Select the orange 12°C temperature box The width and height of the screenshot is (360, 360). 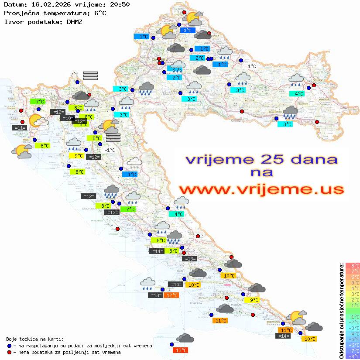click(171, 295)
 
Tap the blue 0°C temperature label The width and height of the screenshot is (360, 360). click(187, 31)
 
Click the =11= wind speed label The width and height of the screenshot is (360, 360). click(20, 128)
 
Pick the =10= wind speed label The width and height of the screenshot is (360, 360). click(67, 118)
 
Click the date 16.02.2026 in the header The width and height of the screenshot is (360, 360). click(51, 5)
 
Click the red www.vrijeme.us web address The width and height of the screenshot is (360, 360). click(261, 189)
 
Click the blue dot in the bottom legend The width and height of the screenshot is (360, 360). click(10, 346)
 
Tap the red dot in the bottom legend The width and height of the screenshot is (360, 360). click(10, 352)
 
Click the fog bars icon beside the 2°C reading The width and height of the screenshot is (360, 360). click(90, 75)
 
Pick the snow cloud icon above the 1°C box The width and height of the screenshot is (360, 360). click(134, 163)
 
